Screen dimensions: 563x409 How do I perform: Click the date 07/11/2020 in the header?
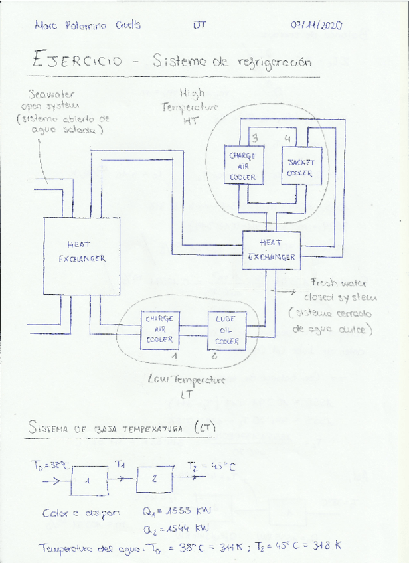click(x=316, y=26)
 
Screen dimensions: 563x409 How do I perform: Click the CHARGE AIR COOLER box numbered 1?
click(x=159, y=329)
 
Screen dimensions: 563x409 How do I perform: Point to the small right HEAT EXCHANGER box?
click(x=272, y=250)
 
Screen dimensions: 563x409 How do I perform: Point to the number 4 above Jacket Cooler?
click(x=287, y=138)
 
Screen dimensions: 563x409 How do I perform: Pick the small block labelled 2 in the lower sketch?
click(x=154, y=479)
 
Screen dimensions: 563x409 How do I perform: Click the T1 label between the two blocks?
click(x=120, y=465)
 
